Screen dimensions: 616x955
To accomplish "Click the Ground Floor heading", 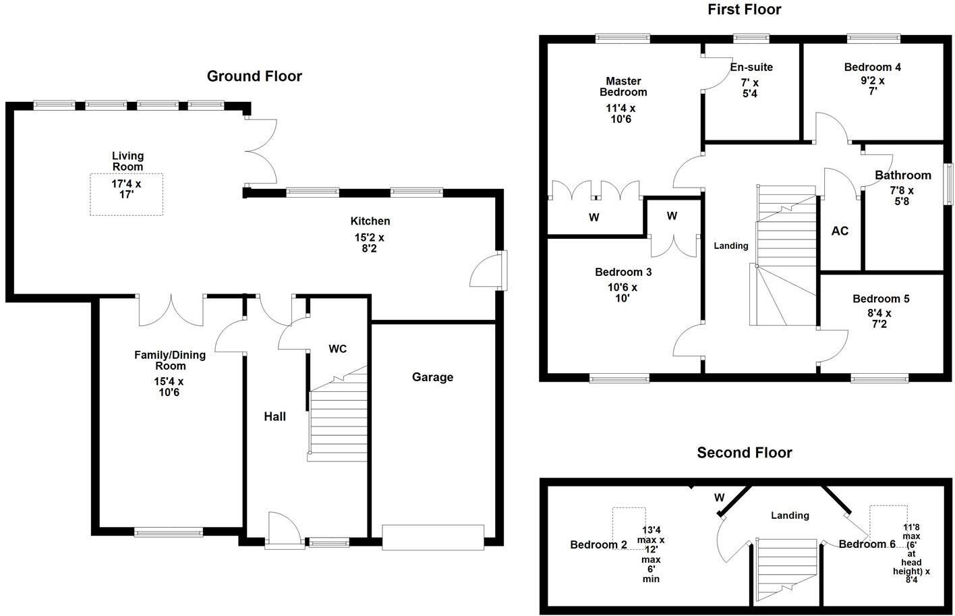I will (x=254, y=76).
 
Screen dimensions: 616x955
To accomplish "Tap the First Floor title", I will (x=744, y=9).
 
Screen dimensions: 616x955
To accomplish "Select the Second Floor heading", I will (x=744, y=453).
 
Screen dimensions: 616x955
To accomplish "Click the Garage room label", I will (x=432, y=377).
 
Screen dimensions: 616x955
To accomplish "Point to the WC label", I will (x=337, y=349).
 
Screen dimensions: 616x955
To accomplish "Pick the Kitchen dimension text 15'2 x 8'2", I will (x=370, y=243).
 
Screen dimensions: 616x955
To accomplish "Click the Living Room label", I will (x=127, y=161).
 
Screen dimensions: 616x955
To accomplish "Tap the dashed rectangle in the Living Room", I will (x=127, y=195).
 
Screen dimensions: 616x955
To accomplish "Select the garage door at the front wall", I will (x=433, y=536).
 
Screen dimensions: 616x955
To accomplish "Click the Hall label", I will (x=274, y=417).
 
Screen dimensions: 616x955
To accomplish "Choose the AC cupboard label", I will (x=840, y=231).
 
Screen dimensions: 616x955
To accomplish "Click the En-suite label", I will (x=751, y=67).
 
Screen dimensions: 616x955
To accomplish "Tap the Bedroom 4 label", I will (x=872, y=67).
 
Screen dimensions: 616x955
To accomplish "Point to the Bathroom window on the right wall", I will (x=948, y=184).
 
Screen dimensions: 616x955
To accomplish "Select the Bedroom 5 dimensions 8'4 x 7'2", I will (x=879, y=318).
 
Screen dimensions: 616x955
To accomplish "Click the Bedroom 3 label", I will (x=623, y=273).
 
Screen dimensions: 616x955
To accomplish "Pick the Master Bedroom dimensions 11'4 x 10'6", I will (x=620, y=113).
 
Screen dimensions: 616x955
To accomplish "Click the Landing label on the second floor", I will (x=790, y=515).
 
